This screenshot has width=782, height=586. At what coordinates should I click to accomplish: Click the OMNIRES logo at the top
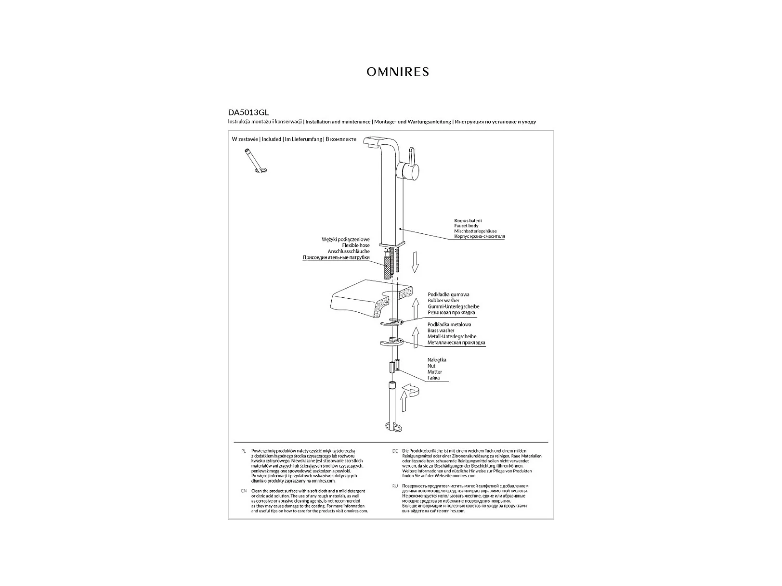coord(397,72)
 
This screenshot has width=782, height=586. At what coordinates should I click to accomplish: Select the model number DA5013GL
coord(248,113)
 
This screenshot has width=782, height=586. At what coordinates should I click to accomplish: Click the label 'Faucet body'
coord(466,226)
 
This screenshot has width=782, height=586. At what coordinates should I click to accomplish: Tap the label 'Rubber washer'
coord(443,301)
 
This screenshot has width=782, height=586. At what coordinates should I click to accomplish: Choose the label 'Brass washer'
coord(441,331)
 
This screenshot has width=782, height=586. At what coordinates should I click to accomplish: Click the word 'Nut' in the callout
coord(431,366)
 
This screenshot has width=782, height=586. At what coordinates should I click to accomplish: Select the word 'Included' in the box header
coord(272,140)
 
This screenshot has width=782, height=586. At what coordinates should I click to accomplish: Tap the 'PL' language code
coord(243,451)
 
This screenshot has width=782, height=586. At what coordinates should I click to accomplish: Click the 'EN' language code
coord(243,491)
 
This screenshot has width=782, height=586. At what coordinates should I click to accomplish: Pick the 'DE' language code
coord(395,451)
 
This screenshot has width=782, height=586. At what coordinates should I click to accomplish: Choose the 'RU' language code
coord(395,486)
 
